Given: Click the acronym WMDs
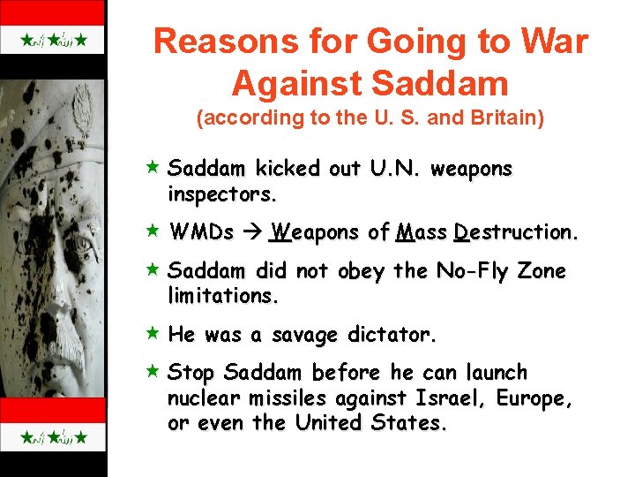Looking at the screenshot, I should pyautogui.click(x=202, y=233).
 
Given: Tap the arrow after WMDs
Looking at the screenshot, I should pyautogui.click(x=252, y=233).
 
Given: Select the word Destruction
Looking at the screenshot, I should pyautogui.click(x=516, y=233).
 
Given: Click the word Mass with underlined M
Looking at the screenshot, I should pyautogui.click(x=421, y=233).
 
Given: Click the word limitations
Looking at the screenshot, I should pyautogui.click(x=222, y=296).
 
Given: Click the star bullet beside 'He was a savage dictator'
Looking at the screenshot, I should pyautogui.click(x=153, y=335).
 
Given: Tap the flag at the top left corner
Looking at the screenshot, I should pyautogui.click(x=53, y=41).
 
